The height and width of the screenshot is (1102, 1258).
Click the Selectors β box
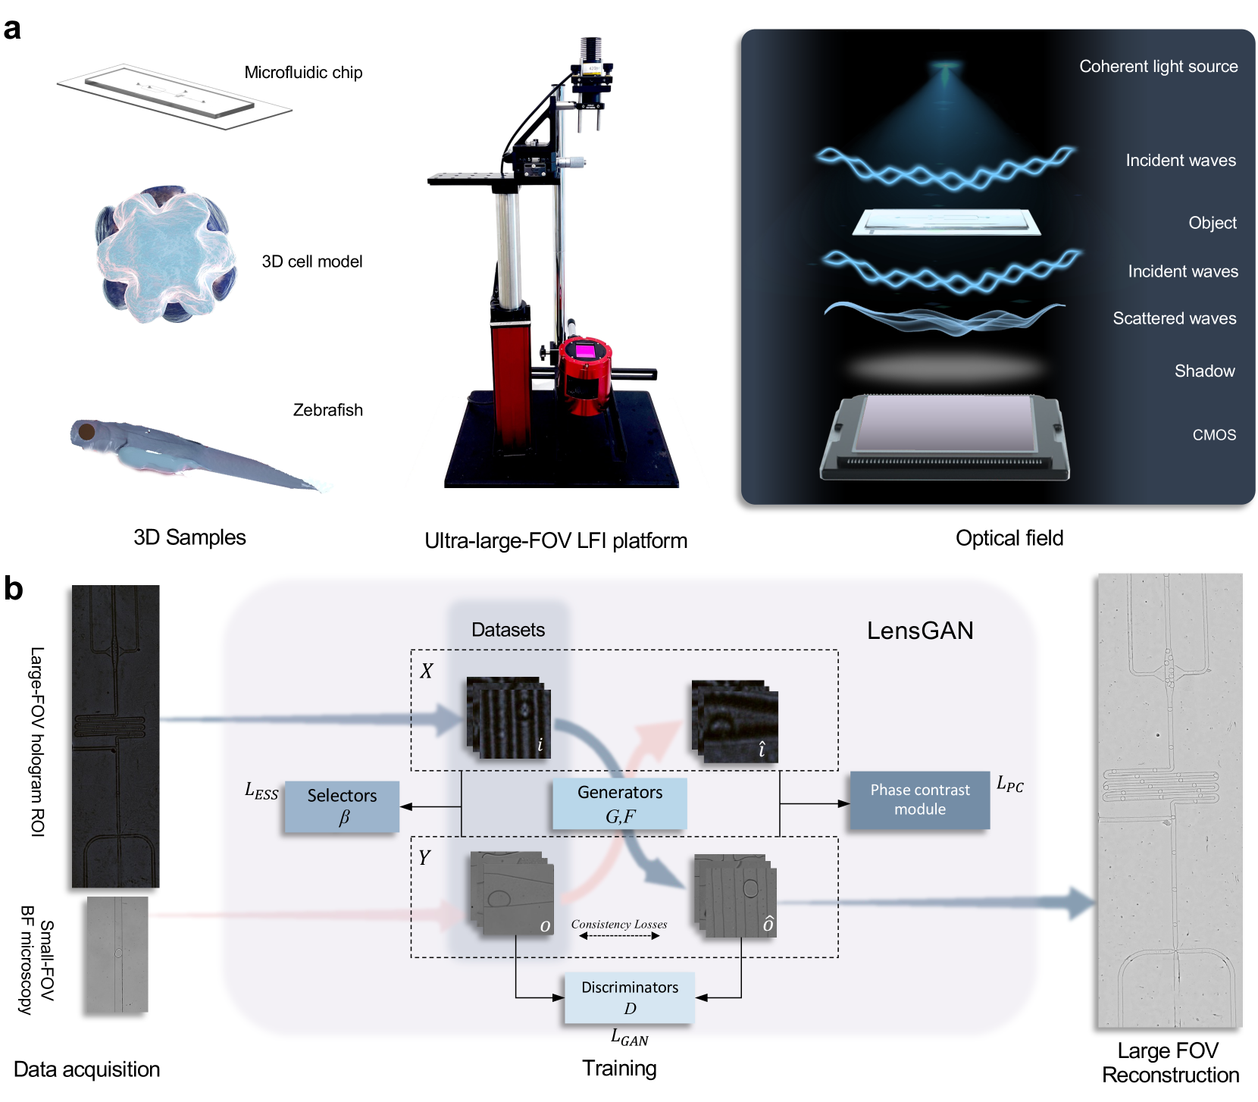(342, 806)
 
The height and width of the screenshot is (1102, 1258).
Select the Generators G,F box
(620, 803)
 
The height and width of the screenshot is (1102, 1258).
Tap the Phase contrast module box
(919, 800)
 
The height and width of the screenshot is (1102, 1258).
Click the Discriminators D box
(629, 997)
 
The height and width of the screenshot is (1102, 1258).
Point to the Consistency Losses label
(619, 925)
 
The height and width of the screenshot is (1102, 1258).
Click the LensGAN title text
(920, 631)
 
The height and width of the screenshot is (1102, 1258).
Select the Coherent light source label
(1158, 67)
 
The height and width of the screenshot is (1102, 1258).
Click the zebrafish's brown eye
(87, 432)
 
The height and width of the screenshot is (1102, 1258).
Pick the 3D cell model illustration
(165, 254)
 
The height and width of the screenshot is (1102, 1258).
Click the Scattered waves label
(1174, 318)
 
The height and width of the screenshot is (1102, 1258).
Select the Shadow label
(1204, 371)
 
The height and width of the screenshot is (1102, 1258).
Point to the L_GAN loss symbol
(629, 1038)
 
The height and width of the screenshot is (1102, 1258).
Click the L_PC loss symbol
(1009, 784)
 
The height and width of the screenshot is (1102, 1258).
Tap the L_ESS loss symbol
(261, 791)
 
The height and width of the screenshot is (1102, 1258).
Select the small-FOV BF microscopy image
(117, 955)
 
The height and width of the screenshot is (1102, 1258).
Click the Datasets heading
(508, 630)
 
